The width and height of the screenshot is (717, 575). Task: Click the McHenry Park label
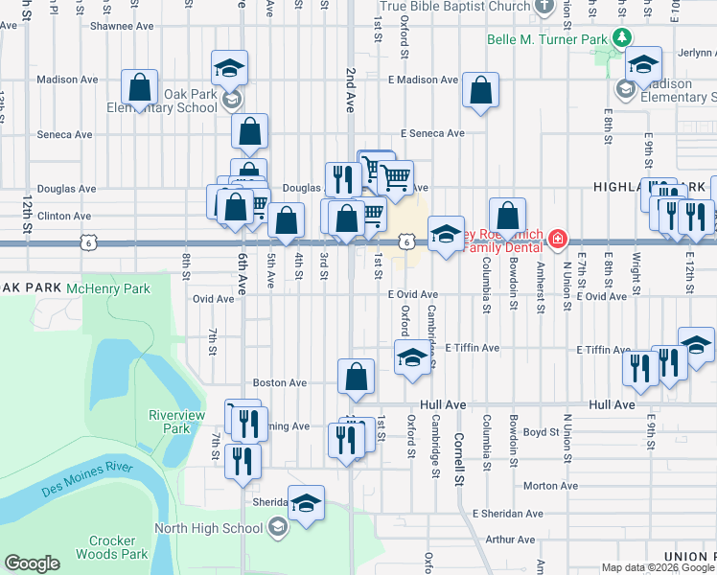coord(116,287)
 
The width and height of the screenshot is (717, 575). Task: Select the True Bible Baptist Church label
coord(454,7)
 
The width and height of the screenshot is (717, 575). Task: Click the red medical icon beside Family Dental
coord(557,238)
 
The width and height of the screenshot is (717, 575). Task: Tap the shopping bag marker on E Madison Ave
coord(480,91)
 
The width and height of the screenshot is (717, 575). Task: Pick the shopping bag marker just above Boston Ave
coord(356,377)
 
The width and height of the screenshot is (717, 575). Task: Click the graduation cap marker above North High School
coord(306,503)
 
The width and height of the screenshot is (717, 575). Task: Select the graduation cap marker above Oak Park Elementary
coord(229,69)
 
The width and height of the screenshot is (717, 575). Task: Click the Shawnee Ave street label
coord(122,27)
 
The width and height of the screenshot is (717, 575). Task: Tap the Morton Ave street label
coord(550,486)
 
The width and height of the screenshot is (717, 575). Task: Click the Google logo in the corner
coord(32,563)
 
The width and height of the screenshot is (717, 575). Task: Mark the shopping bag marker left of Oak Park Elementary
coord(140,87)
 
